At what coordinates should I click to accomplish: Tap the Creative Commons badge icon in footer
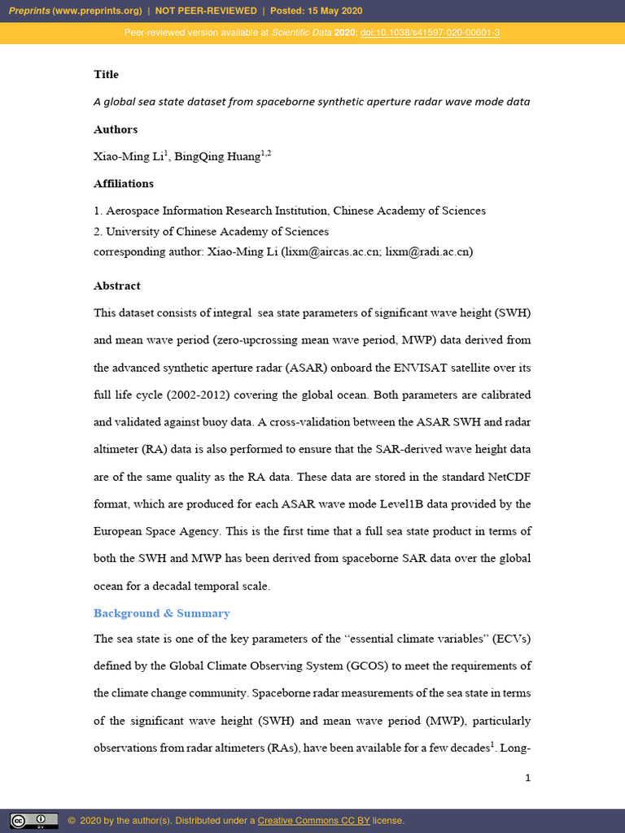pos(34,820)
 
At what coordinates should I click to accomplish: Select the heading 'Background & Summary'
pos(161,613)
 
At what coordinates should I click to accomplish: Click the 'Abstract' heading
pos(116,286)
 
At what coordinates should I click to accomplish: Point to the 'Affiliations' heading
pos(123,183)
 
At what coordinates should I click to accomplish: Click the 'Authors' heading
pos(116,129)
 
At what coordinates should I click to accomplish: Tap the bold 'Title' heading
pos(106,74)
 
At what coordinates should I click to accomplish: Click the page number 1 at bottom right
pos(527,778)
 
